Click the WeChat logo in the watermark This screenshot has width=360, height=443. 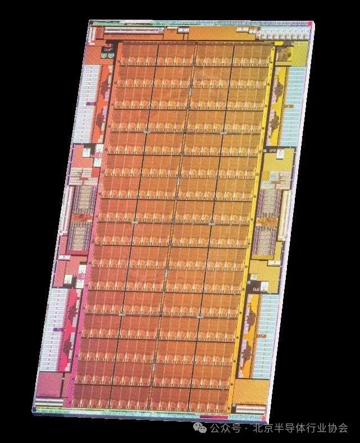point(200,428)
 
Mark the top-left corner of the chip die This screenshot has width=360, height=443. point(90,22)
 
